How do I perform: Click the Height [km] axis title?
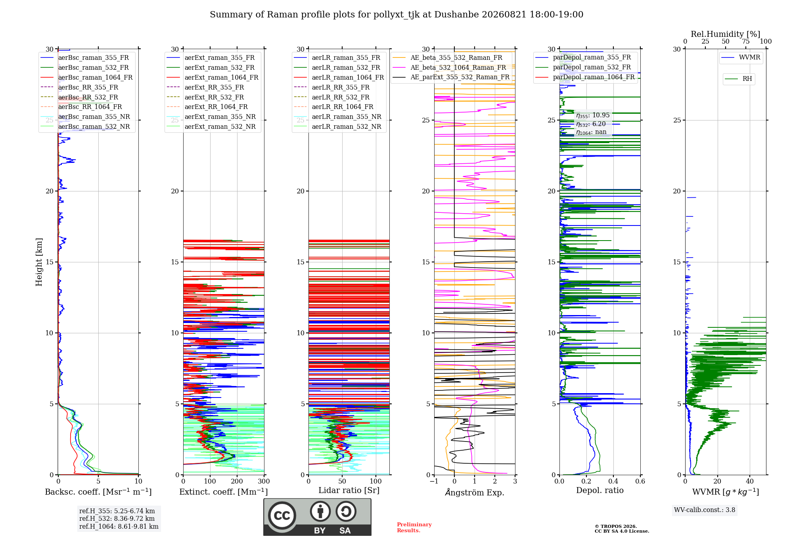39,262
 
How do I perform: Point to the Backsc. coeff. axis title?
98,492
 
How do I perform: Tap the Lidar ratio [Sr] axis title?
349,490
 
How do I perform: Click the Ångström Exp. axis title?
475,492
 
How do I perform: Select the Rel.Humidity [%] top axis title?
726,34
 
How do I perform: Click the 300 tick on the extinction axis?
264,481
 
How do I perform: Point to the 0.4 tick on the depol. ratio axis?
613,481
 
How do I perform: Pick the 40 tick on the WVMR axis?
750,481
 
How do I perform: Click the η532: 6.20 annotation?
591,124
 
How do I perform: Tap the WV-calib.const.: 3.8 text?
705,510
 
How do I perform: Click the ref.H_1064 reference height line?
119,526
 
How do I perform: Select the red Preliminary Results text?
414,528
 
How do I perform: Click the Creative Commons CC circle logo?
282,516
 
